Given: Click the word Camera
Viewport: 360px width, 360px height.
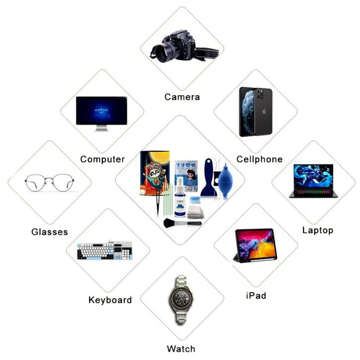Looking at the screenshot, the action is coord(182,97).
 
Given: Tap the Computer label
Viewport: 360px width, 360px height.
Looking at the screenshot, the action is coord(102,159).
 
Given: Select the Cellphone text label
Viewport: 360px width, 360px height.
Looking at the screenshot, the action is coord(259,159).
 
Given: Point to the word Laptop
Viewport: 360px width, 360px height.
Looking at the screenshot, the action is coord(317,230).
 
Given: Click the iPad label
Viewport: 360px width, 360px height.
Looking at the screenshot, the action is coord(256,296).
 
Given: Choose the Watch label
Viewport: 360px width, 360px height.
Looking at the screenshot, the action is coord(180,349).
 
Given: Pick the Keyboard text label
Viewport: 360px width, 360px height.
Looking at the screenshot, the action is coord(110,300).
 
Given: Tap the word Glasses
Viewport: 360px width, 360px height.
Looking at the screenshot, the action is coord(50,232).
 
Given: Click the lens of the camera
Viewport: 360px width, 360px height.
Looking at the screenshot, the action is coord(163,52).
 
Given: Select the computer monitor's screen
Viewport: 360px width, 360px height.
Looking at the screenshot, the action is coord(102,110).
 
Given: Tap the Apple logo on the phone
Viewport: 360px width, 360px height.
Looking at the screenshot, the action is coord(263,112).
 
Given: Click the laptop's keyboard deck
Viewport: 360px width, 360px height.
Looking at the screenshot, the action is coord(313,193).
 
